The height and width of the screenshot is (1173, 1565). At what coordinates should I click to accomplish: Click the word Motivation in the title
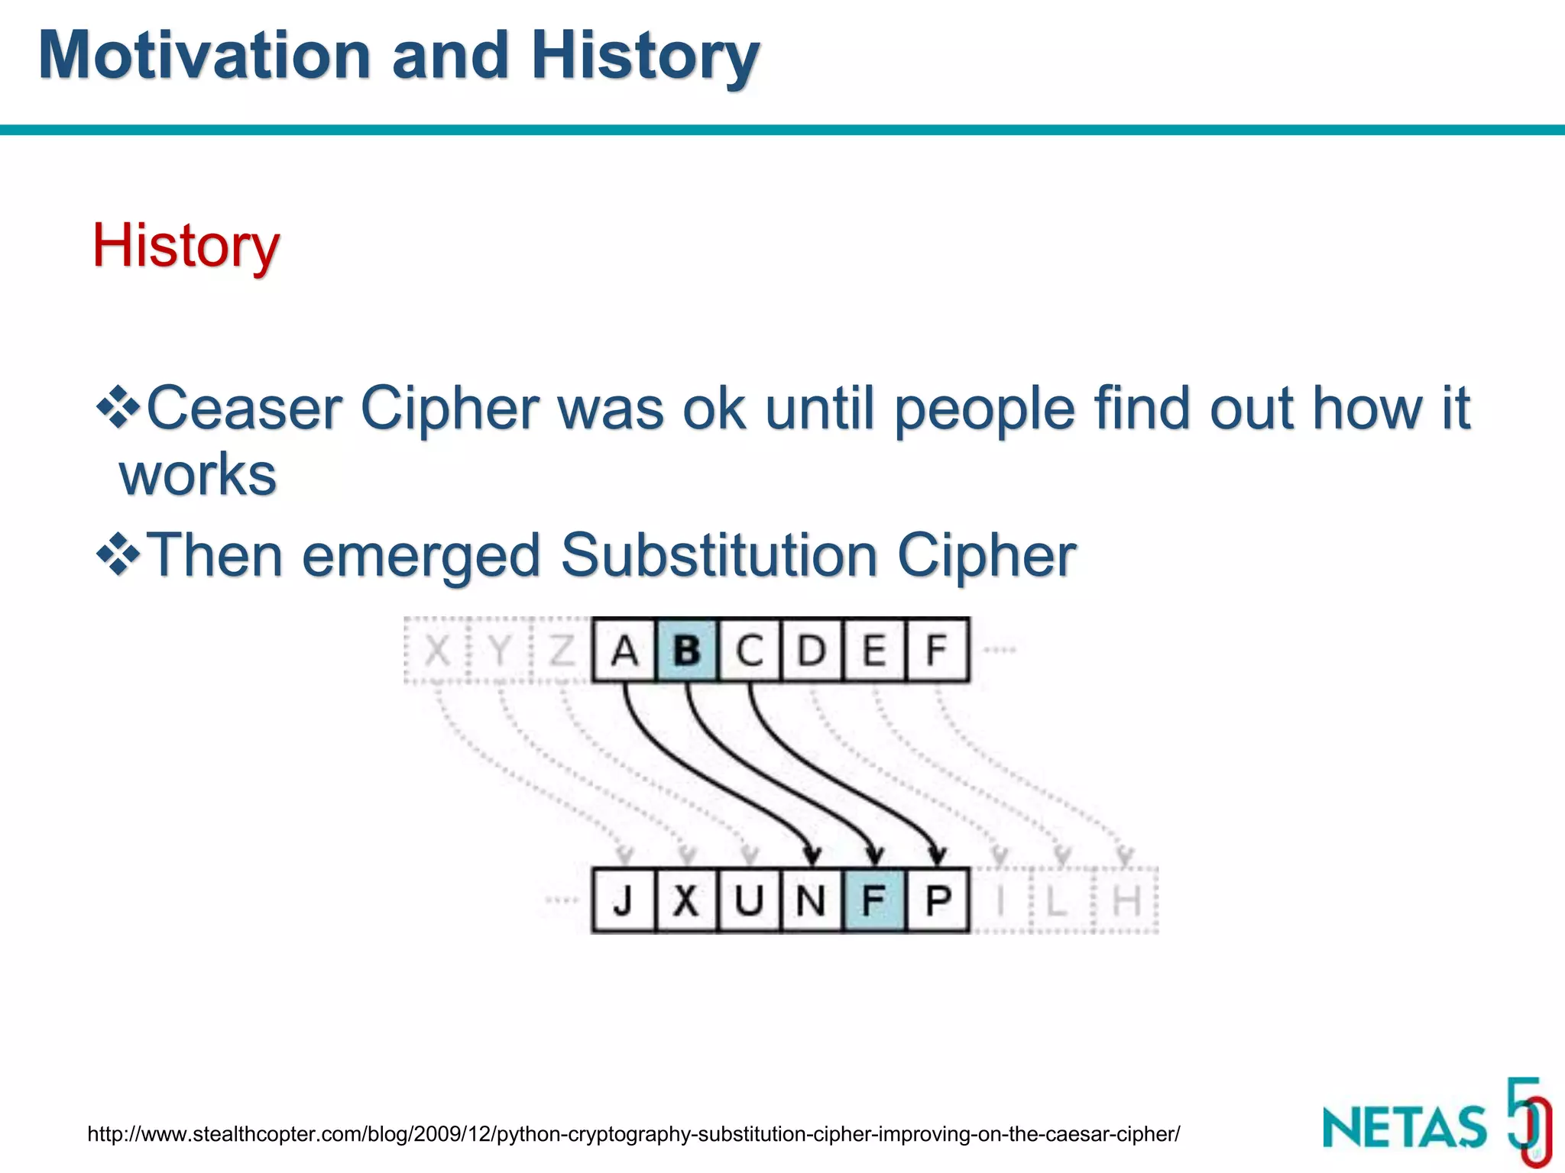coord(205,55)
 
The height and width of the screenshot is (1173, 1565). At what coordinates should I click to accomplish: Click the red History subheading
coord(186,245)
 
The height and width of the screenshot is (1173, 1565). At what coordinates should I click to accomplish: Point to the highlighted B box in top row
coord(686,651)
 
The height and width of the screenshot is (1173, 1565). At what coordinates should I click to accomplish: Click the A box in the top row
coord(624,651)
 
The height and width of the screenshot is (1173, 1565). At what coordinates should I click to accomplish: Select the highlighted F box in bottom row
coord(874,901)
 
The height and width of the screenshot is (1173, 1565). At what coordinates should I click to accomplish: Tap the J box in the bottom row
coord(624,901)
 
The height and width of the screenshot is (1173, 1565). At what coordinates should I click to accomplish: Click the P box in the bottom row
coord(938,901)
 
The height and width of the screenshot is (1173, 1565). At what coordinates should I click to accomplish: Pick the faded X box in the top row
coord(436,651)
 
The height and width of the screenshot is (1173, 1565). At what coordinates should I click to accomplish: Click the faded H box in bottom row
coord(1126,901)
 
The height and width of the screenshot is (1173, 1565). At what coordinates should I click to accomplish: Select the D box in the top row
coord(812,651)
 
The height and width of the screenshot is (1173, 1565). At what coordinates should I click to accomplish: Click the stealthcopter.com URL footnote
coord(633,1134)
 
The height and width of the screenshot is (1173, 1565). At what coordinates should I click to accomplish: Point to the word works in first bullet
coord(198,475)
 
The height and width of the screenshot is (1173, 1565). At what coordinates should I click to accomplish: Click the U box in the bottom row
coord(749,901)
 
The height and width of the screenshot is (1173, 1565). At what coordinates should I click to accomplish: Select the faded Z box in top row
coord(562,651)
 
